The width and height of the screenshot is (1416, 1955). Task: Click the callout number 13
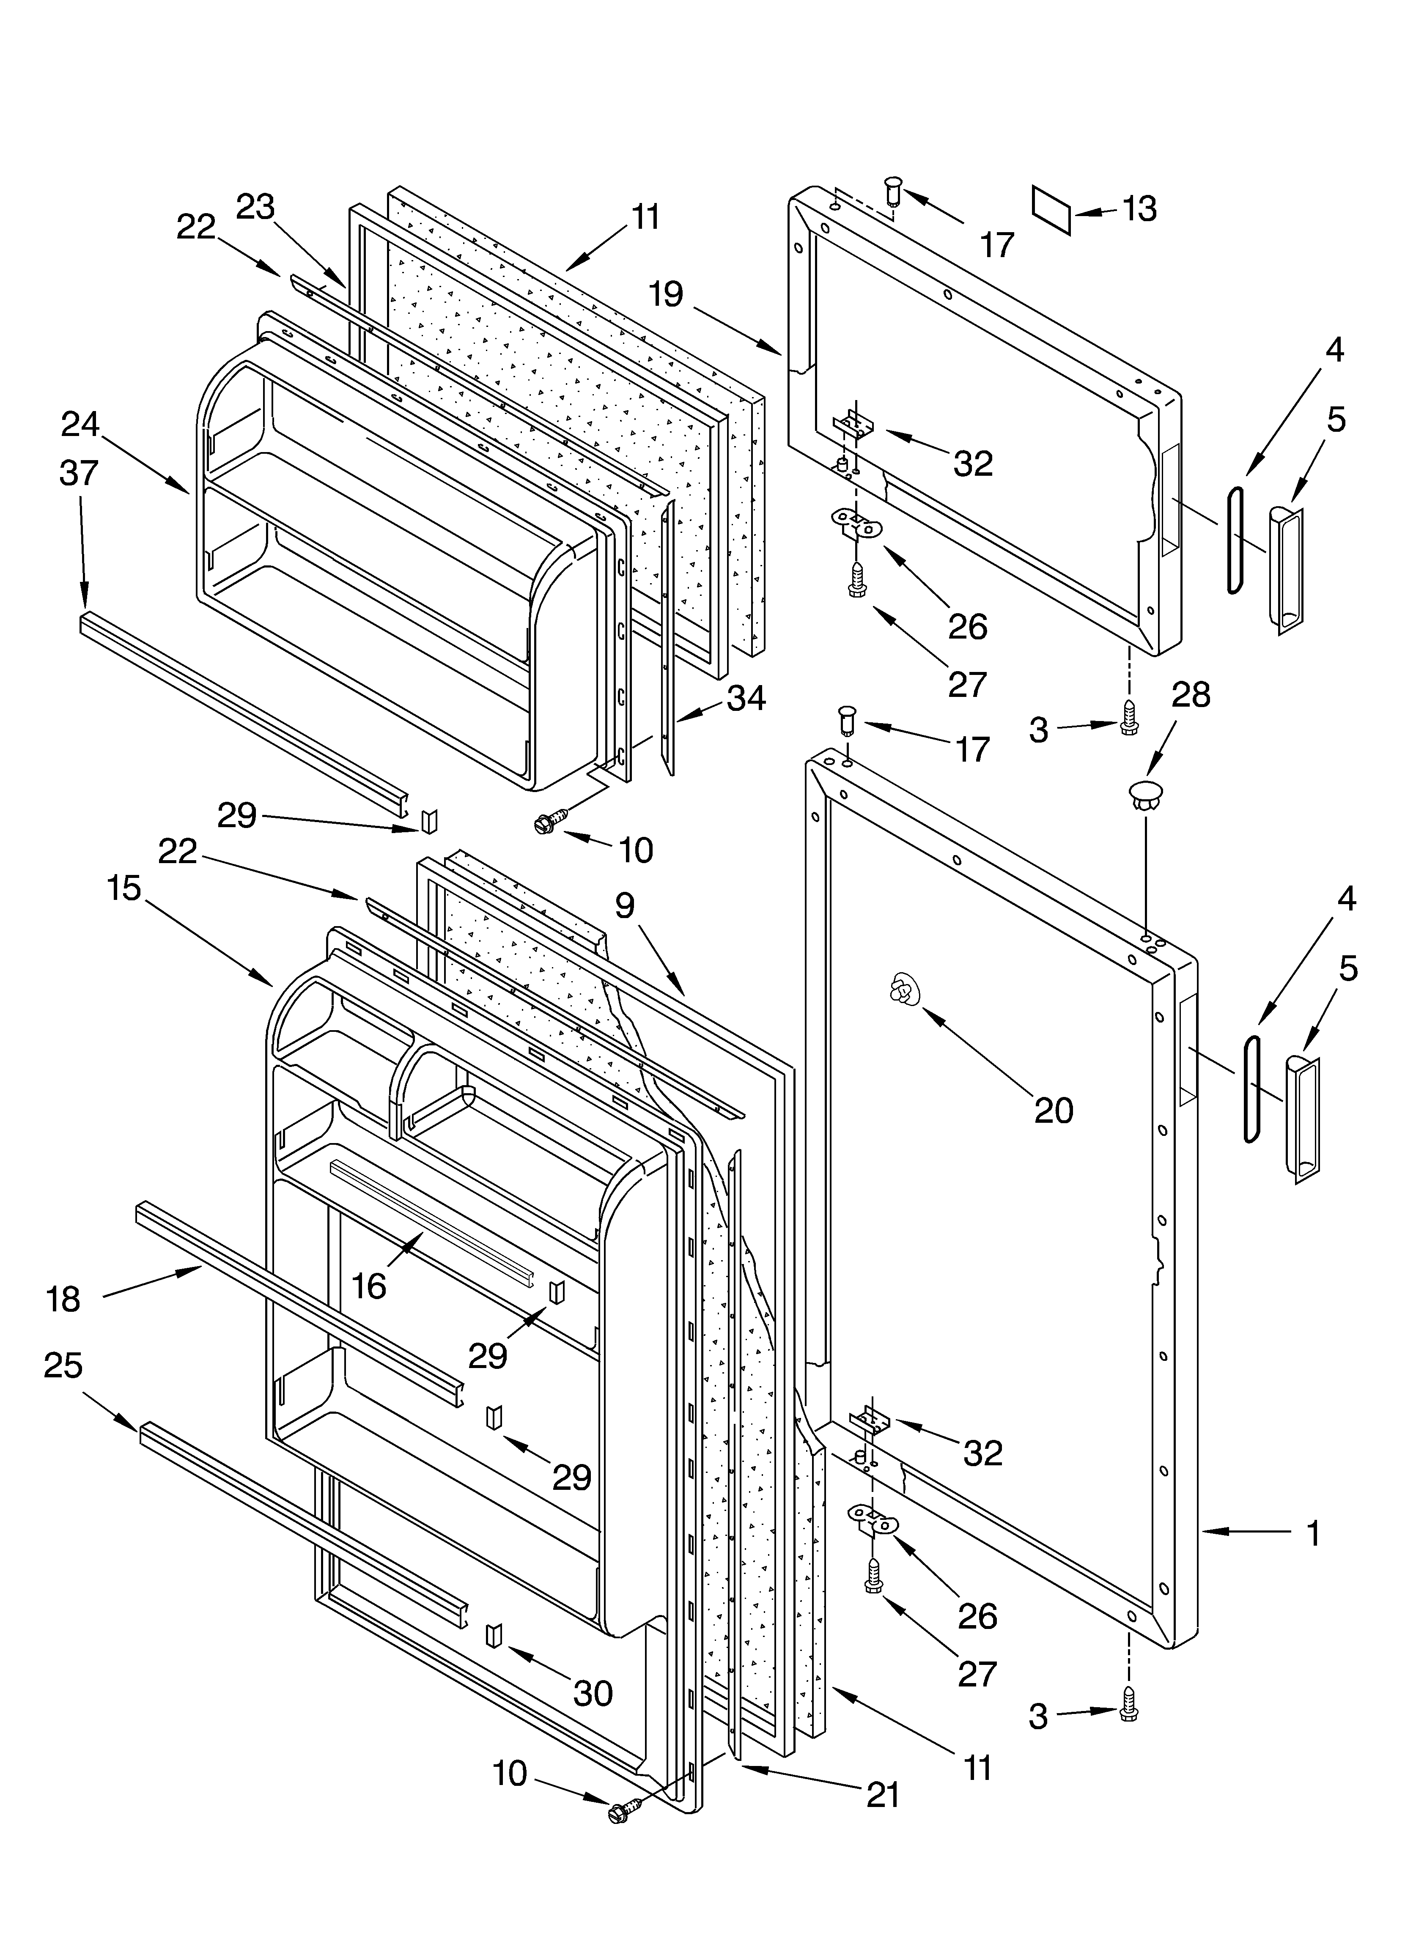(1140, 208)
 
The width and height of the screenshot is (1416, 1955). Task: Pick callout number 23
(255, 207)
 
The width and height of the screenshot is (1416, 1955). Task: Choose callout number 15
(124, 888)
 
